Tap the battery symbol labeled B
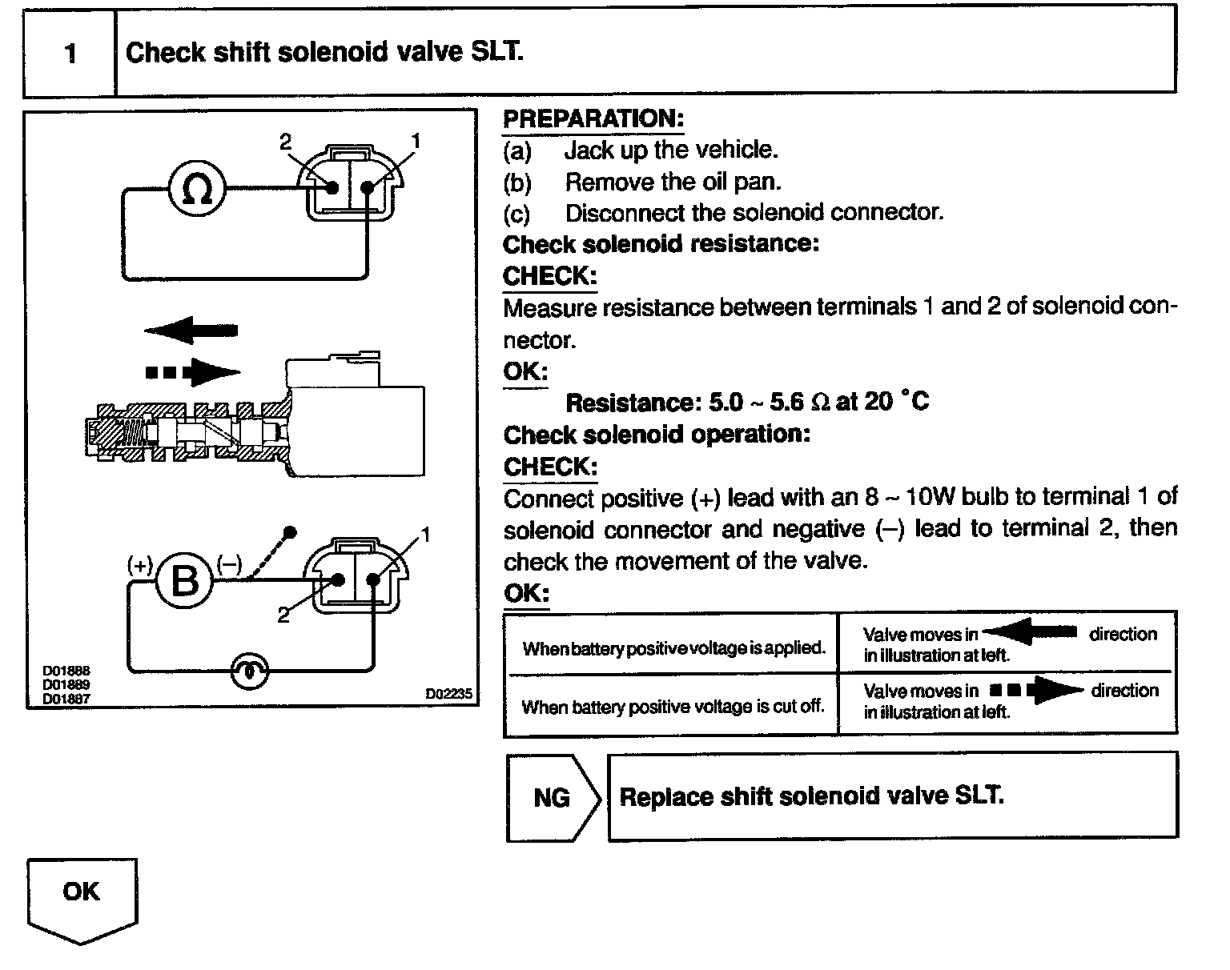pyautogui.click(x=185, y=580)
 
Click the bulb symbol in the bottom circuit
pyautogui.click(x=250, y=671)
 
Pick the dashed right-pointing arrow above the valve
pyautogui.click(x=192, y=371)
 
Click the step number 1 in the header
pyautogui.click(x=70, y=54)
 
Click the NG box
pyautogui.click(x=552, y=797)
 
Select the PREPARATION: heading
pyautogui.click(x=593, y=119)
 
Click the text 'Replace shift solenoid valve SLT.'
pyautogui.click(x=811, y=796)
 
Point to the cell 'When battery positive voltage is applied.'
pyautogui.click(x=673, y=647)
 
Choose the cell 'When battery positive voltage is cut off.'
pyautogui.click(x=673, y=707)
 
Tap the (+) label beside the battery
pyautogui.click(x=140, y=565)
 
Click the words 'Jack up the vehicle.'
pyautogui.click(x=671, y=150)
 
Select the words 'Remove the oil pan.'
pyautogui.click(x=673, y=182)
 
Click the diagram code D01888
pyautogui.click(x=66, y=671)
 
